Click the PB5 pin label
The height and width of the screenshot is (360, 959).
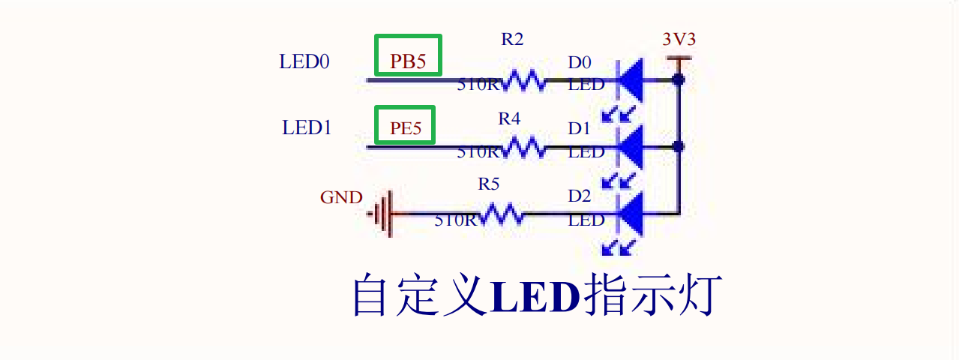408,62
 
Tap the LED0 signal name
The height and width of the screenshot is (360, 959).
304,61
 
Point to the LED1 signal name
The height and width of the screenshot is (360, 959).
307,128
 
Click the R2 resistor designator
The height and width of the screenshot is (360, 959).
512,40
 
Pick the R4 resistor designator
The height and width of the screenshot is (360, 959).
509,118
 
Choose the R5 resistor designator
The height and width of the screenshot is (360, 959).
489,184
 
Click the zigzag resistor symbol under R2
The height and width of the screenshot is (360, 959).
525,79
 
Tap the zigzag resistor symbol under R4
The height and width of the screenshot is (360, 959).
525,147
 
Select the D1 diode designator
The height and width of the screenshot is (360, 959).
579,129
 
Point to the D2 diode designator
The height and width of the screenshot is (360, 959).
579,196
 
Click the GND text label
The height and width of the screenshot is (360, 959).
341,198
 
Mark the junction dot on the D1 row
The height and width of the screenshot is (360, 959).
679,147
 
